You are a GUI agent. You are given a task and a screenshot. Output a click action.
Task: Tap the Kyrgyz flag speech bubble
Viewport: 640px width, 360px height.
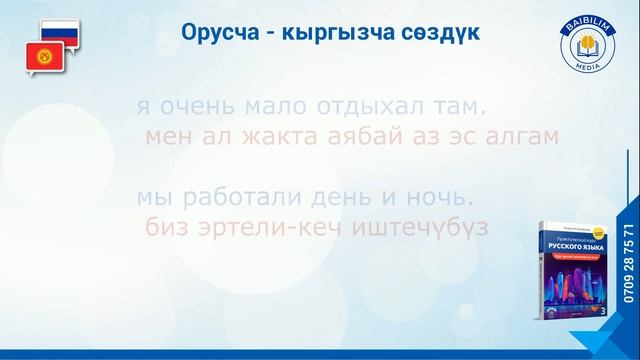point(42,58)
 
